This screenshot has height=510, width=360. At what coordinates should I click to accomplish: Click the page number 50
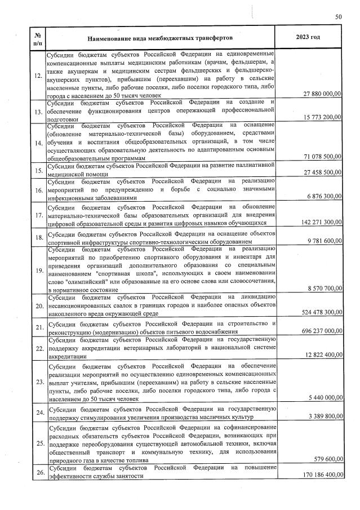coord(339,17)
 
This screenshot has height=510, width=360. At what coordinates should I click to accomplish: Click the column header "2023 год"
coord(308,37)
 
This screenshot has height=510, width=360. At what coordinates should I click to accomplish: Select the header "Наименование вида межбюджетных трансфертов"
coord(160,38)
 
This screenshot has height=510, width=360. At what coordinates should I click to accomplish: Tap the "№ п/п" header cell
coord(37,37)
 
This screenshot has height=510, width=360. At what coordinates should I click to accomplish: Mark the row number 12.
coord(37,76)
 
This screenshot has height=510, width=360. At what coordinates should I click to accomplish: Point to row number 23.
coord(37,382)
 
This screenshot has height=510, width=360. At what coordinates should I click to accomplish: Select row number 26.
coord(37,472)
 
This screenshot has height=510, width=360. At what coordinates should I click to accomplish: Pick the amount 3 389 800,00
coord(322,417)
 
